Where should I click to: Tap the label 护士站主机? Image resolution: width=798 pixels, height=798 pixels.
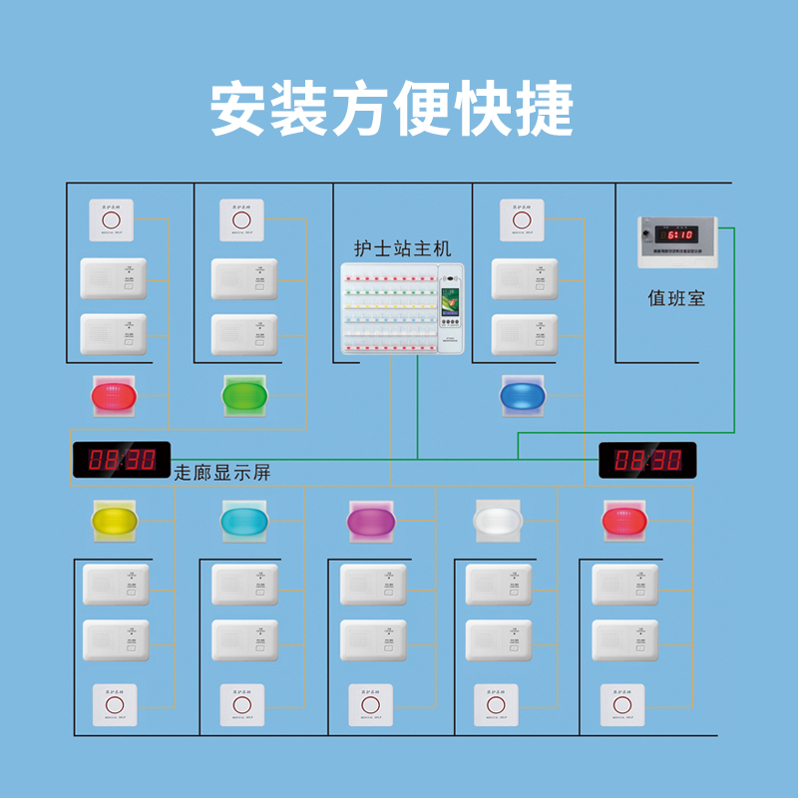coord(403,247)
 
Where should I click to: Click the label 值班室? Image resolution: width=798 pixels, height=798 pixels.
coord(675,297)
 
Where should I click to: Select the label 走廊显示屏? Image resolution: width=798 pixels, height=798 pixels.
coord(222,473)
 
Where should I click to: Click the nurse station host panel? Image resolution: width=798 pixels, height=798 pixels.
coord(401,307)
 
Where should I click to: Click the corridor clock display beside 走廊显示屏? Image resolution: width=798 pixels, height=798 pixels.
coord(122,460)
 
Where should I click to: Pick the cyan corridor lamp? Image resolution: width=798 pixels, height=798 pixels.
coord(244,520)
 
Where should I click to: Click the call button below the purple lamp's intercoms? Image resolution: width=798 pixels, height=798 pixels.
coord(370,705)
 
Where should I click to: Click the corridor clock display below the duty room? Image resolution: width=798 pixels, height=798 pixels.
coord(647,460)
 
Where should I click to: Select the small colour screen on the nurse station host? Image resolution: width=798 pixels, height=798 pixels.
coord(451,299)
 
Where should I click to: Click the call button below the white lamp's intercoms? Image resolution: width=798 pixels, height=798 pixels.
coord(497,705)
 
